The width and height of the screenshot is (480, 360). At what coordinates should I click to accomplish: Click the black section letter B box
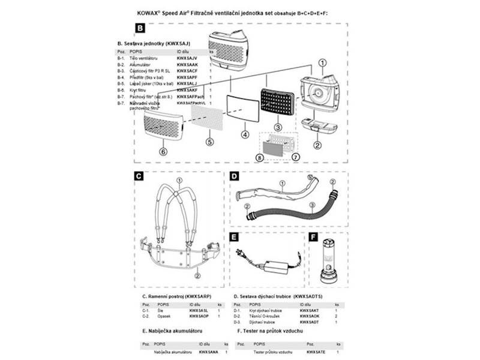[139, 28]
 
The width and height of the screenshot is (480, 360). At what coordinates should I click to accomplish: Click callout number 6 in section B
[163, 152]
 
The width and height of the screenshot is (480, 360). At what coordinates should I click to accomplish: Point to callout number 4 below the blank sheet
[244, 134]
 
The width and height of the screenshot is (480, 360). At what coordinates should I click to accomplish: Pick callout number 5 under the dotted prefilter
[209, 142]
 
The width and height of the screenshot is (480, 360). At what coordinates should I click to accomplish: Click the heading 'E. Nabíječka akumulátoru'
[172, 331]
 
